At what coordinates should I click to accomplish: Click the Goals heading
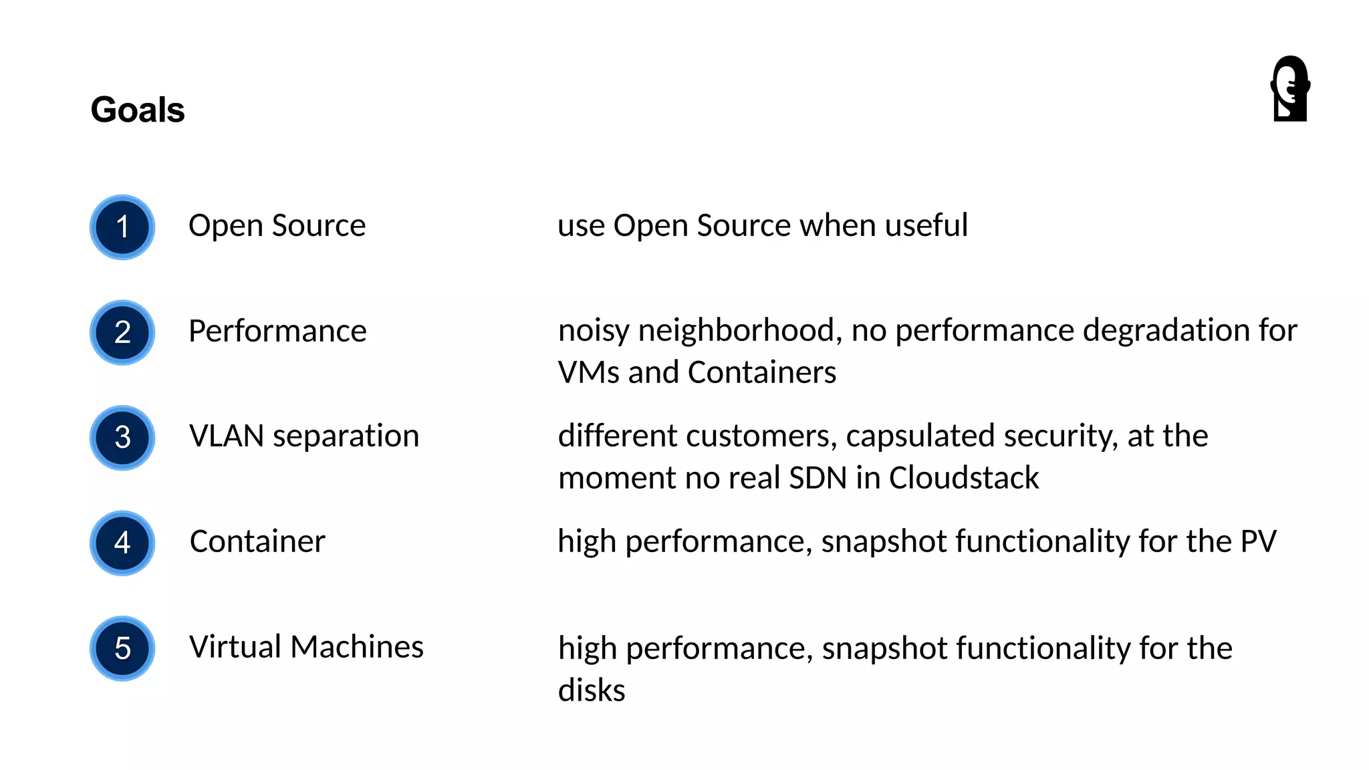(x=138, y=110)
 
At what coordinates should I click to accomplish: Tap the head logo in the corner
(x=1289, y=89)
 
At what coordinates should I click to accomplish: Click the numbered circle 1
(x=122, y=227)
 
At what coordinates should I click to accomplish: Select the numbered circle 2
(x=122, y=332)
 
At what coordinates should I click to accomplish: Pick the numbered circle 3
(x=122, y=438)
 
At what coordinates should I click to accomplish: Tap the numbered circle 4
(x=122, y=543)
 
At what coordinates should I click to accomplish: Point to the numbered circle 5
(x=122, y=648)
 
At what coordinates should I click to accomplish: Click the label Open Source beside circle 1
(x=277, y=226)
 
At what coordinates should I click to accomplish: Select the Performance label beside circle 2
(x=277, y=332)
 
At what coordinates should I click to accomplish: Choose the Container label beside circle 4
(x=257, y=541)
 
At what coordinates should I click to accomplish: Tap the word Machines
(x=357, y=647)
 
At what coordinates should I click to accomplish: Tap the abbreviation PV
(x=1258, y=541)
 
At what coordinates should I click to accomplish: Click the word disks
(x=592, y=690)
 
